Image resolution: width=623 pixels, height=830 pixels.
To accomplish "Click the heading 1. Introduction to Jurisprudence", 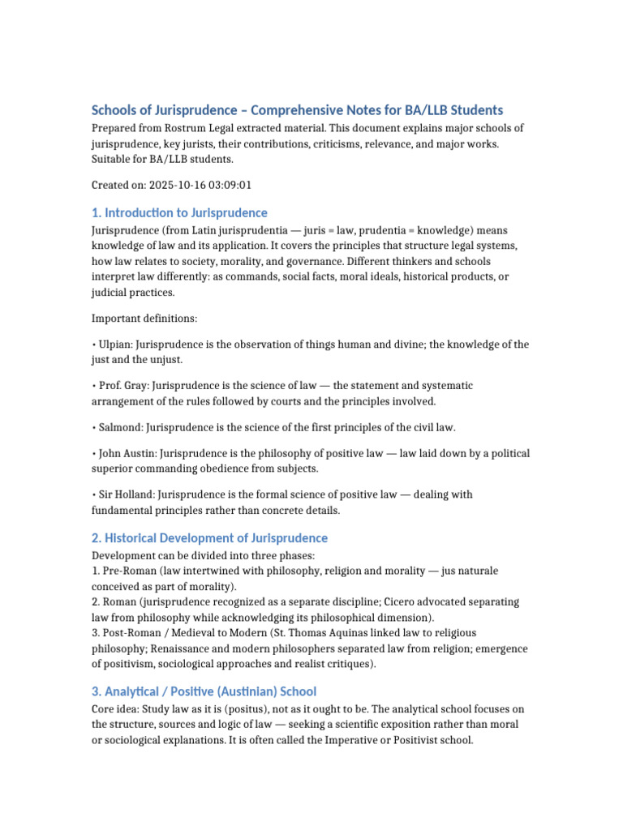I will (x=179, y=213).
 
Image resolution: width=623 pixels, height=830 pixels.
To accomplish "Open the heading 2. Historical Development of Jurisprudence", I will (x=209, y=538).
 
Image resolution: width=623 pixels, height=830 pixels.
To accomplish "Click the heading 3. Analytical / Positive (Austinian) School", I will (x=204, y=691).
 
